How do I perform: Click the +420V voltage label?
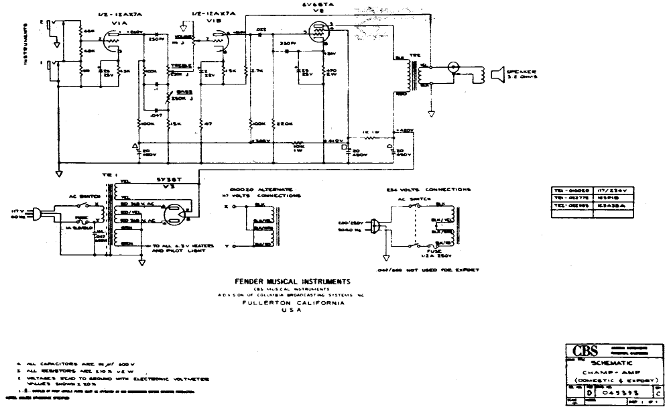click(405, 130)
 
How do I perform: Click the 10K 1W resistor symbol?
click(298, 143)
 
